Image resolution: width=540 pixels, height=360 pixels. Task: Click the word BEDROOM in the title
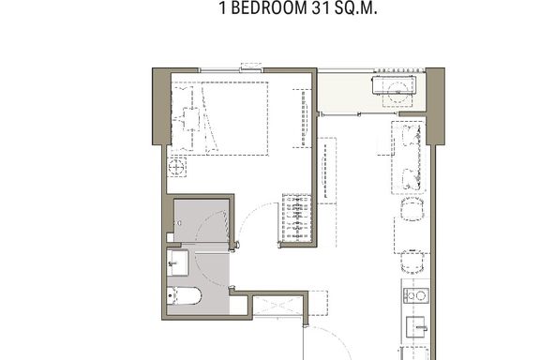pos(269,7)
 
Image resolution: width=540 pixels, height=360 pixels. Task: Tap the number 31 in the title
pos(322,7)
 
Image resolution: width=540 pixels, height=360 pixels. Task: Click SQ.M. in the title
pos(356,7)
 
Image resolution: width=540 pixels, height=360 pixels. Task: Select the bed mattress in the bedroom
pos(235,118)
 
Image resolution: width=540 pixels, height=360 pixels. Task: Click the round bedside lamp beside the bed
pos(176,167)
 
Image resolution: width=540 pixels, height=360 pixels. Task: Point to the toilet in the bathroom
pos(183,296)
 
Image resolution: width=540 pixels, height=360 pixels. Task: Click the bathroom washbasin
pos(178,262)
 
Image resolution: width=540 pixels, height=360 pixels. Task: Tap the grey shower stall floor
pos(202,220)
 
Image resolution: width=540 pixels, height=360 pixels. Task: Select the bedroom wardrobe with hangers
pos(296,218)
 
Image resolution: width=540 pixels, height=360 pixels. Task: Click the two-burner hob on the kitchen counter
pos(416,295)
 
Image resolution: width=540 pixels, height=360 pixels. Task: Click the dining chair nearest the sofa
pos(412,209)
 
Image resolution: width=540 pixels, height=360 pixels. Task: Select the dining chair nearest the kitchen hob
pos(412,262)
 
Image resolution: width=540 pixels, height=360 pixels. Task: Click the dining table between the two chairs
pos(412,235)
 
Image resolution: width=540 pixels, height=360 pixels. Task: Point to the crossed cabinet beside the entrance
pos(278,306)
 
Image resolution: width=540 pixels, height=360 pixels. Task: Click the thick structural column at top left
pos(161,106)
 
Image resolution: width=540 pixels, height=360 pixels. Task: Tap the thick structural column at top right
pos(436,106)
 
